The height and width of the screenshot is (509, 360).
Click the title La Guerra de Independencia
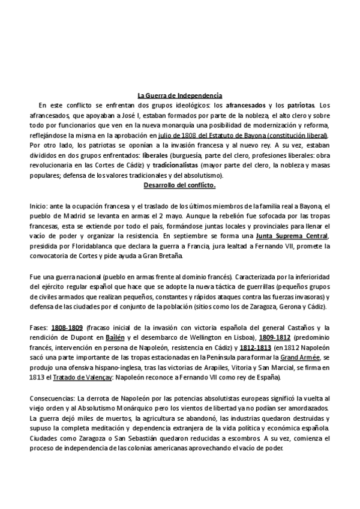(180, 95)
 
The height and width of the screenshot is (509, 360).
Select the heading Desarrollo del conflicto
(180, 185)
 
